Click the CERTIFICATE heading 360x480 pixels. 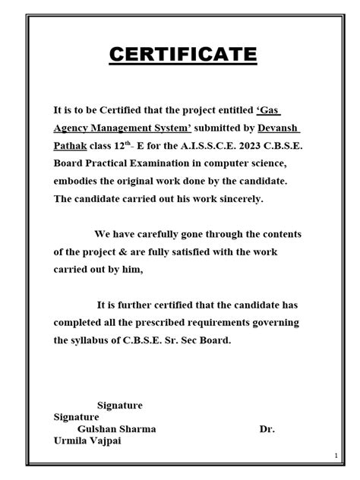click(x=180, y=55)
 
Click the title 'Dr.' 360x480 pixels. click(x=267, y=429)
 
